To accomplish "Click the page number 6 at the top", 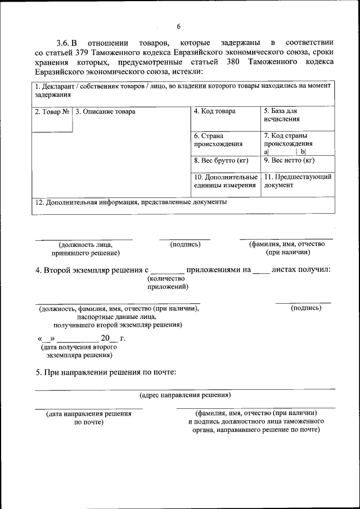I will pos(179,26).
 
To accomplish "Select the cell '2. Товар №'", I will pos(52,112).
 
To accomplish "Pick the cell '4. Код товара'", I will pos(214,111).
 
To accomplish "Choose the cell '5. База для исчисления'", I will pos(281,115).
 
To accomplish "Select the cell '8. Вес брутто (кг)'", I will pos(221,161).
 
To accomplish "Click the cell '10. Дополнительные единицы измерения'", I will pos(225,181).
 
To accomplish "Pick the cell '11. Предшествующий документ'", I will pos(297,181).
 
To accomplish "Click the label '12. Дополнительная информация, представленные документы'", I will pos(130,202).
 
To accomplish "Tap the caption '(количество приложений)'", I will pos(167,282).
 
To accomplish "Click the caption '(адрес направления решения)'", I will pos(185,395).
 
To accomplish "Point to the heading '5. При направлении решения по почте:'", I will pos(106,372).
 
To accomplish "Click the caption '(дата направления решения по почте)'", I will pos(89,417).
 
